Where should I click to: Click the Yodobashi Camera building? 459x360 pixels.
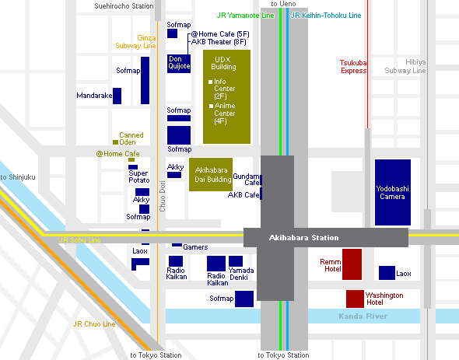pyautogui.click(x=393, y=192)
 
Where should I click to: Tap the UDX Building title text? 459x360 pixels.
pyautogui.click(x=223, y=63)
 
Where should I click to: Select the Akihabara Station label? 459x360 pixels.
pyautogui.click(x=303, y=238)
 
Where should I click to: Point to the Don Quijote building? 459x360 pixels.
pyautogui.click(x=179, y=64)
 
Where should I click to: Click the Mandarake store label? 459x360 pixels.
pyautogui.click(x=94, y=96)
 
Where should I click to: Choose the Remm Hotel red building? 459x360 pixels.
pyautogui.click(x=352, y=264)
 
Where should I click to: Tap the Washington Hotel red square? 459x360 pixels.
pyautogui.click(x=355, y=299)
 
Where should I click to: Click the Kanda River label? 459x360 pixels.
pyautogui.click(x=363, y=316)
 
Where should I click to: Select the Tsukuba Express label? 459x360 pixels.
pyautogui.click(x=353, y=67)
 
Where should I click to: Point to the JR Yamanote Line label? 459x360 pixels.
pyautogui.click(x=245, y=16)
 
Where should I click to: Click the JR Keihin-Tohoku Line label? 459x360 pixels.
pyautogui.click(x=326, y=16)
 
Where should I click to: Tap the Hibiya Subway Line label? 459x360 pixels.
pyautogui.click(x=405, y=66)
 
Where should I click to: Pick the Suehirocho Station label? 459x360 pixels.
pyautogui.click(x=124, y=6)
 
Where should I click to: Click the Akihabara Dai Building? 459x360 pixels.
pyautogui.click(x=211, y=174)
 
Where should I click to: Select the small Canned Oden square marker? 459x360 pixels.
pyautogui.click(x=115, y=142)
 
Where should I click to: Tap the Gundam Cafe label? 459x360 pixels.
pyautogui.click(x=246, y=180)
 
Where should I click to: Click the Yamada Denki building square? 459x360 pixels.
pyautogui.click(x=236, y=261)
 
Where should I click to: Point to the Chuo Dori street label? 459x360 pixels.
pyautogui.click(x=162, y=196)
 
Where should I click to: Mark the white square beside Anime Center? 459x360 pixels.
pyautogui.click(x=211, y=106)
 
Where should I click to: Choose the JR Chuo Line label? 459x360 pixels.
pyautogui.click(x=94, y=324)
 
